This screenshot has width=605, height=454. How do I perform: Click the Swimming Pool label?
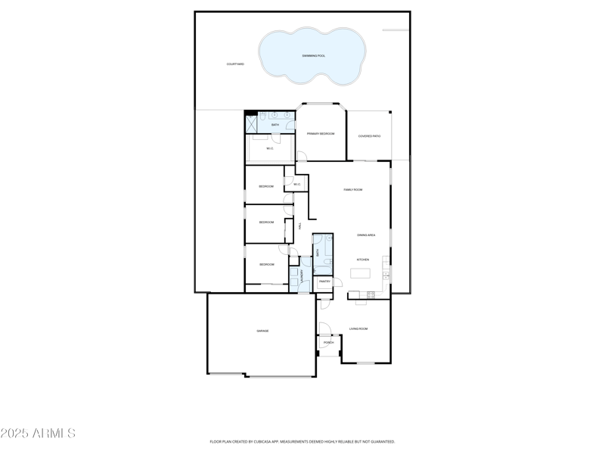(x=314, y=56)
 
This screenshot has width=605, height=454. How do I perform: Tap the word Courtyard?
(x=235, y=64)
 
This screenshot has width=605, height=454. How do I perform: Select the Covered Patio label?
(x=369, y=136)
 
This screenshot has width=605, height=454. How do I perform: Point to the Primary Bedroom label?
(x=321, y=133)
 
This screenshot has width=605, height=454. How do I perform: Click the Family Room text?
(x=353, y=190)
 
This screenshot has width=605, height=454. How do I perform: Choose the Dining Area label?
(x=367, y=235)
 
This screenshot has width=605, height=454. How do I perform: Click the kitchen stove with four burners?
(x=371, y=294)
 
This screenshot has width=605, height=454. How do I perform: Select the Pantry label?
(x=324, y=281)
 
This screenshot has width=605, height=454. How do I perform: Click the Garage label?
(x=262, y=331)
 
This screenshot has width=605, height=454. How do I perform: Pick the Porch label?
(x=328, y=343)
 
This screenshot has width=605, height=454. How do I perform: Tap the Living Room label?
(x=358, y=328)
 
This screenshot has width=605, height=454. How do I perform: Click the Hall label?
(x=300, y=225)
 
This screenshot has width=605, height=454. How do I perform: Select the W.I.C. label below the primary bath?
(x=269, y=148)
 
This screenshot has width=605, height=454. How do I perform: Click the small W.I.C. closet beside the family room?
(x=296, y=185)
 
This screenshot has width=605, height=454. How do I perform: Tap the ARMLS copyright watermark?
(x=38, y=434)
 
